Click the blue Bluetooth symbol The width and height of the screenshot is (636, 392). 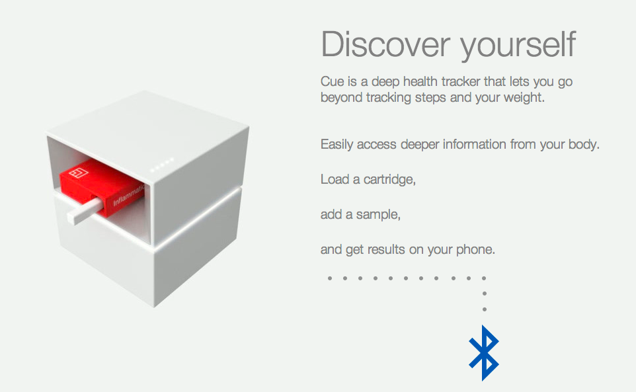484,353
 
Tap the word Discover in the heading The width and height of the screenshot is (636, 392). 385,44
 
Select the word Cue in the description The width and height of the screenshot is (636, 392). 332,81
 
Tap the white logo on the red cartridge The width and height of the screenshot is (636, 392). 79,173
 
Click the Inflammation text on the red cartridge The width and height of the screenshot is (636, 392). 128,196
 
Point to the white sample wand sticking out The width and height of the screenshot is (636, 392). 85,211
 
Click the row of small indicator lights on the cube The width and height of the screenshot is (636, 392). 162,165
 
